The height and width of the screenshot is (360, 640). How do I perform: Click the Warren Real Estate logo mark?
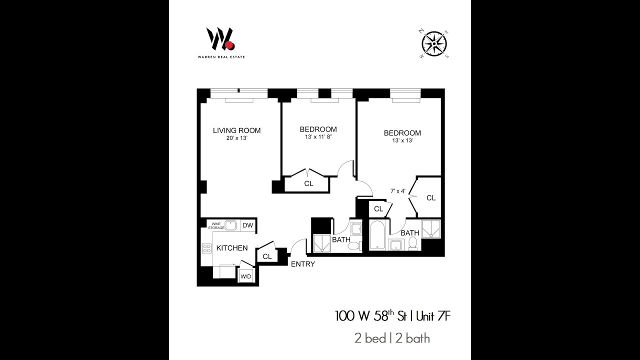point(220,39)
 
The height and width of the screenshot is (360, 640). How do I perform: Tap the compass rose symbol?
point(434,43)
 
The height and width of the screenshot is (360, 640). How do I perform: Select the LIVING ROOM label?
point(236,130)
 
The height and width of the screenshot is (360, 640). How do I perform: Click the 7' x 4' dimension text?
point(398,190)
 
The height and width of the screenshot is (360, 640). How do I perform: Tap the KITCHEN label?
point(231,248)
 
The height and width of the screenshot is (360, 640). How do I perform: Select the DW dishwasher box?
point(247,225)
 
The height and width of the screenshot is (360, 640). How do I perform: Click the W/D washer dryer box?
point(245,276)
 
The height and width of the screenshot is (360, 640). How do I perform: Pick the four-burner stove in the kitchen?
point(206,248)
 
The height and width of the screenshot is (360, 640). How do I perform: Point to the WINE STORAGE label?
point(216,225)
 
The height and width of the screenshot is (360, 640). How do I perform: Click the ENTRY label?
point(302,264)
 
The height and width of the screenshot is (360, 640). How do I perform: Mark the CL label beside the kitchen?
point(267,256)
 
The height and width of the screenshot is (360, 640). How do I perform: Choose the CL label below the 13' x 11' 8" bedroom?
point(308,183)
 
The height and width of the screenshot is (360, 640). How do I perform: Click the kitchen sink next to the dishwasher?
point(231,225)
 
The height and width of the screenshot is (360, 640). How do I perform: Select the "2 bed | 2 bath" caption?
point(392,338)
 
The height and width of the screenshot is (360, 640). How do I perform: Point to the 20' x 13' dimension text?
point(236,138)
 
